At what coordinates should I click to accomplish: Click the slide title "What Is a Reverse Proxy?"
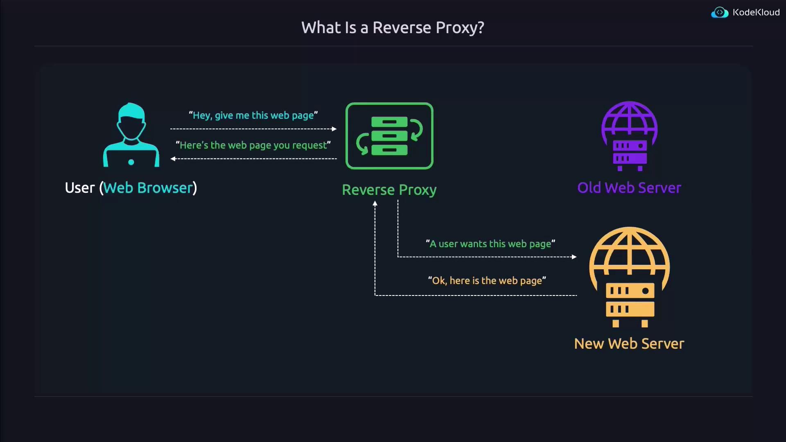(393, 28)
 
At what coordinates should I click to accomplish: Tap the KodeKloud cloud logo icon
(720, 13)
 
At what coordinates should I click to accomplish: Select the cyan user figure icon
(131, 135)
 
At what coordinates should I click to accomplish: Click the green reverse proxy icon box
(389, 136)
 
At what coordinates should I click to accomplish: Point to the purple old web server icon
(630, 136)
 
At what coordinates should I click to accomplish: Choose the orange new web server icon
(630, 277)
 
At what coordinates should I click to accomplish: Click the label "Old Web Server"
(629, 188)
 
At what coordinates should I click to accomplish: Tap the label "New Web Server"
(629, 344)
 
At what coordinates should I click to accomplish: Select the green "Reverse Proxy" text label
(389, 190)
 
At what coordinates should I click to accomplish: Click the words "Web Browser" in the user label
(148, 188)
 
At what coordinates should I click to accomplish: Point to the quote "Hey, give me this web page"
(253, 115)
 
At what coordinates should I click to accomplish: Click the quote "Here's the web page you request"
(253, 145)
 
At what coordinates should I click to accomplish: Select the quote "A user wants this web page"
(490, 244)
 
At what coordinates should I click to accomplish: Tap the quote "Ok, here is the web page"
(487, 281)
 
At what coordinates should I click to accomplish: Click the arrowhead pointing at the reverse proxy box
(334, 129)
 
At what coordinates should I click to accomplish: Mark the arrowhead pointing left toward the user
(173, 159)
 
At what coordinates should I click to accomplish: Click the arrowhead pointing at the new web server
(574, 257)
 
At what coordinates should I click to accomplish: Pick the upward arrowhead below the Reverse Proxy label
(375, 203)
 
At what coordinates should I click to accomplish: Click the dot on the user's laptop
(131, 162)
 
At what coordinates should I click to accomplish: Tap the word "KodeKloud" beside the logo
(756, 13)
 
